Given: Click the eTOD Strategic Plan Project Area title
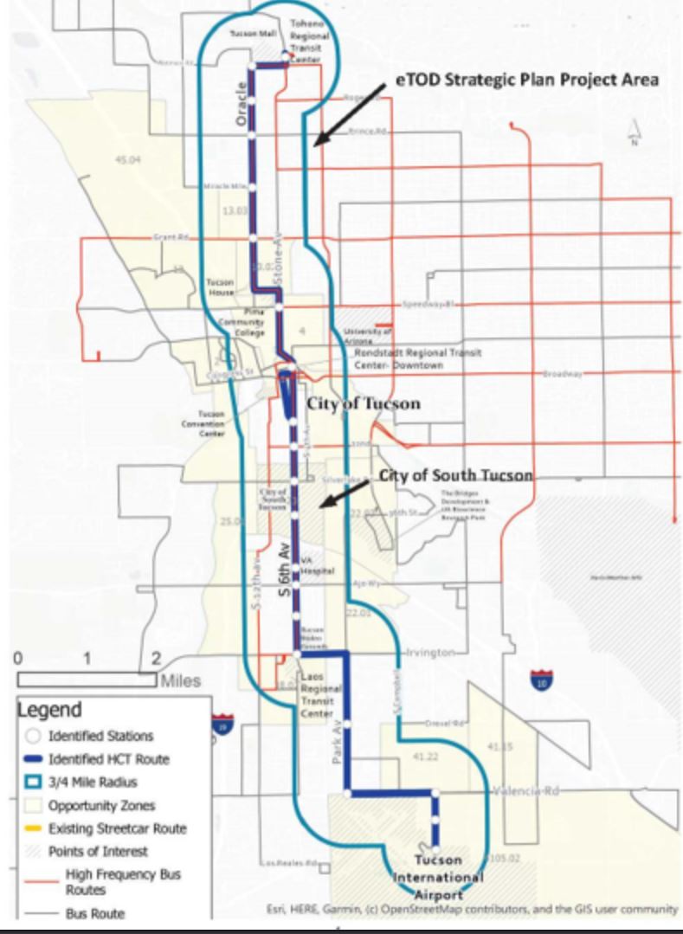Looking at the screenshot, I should [528, 80].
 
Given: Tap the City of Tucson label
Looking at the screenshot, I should [364, 404].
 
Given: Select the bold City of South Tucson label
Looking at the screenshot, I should [456, 476].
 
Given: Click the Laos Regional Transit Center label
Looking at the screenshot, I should [317, 694].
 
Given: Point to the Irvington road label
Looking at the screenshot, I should [430, 652].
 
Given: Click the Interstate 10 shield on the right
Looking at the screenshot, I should [541, 679].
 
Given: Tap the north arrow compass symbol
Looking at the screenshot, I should [635, 132].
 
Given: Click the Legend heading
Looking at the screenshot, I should [50, 710].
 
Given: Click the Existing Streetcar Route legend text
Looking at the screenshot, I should [117, 828].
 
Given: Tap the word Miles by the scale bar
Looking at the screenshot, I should [179, 681].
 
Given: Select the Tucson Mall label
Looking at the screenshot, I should [252, 34].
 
